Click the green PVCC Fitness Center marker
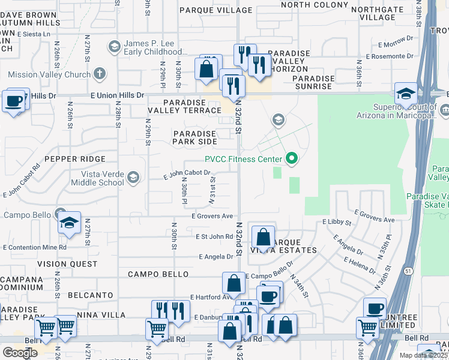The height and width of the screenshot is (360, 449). click(x=292, y=159)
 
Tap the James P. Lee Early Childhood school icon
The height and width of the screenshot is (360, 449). click(x=114, y=47)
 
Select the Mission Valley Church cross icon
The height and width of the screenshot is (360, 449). click(x=100, y=74)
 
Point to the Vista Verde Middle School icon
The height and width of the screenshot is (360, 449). click(x=133, y=178)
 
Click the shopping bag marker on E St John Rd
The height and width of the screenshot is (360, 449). click(x=263, y=238)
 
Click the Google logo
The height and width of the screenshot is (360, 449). click(x=20, y=353)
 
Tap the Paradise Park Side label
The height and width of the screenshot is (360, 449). click(x=194, y=137)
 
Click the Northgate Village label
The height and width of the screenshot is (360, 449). click(x=377, y=13)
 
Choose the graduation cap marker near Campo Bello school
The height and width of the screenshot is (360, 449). click(x=69, y=223)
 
